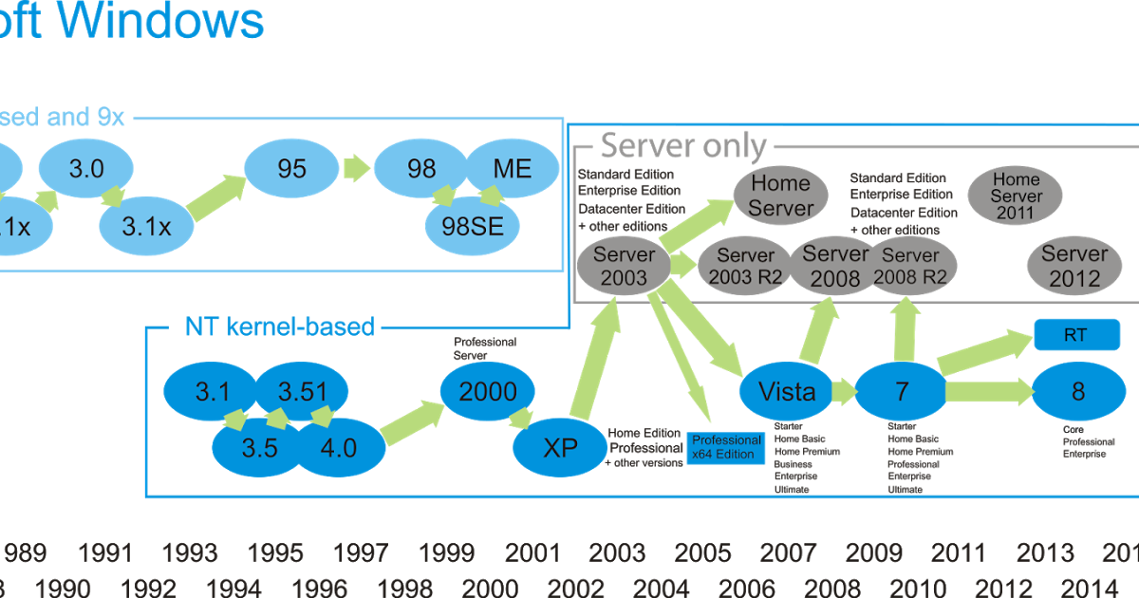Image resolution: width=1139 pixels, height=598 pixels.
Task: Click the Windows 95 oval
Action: click(291, 169)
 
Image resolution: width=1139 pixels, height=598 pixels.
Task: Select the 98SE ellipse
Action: click(472, 226)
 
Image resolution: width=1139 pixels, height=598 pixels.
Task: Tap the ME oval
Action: click(513, 169)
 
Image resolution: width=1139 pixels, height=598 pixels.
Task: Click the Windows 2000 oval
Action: click(487, 391)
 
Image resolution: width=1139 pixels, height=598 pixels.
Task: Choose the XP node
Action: click(560, 447)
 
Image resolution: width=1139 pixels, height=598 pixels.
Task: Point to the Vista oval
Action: click(787, 391)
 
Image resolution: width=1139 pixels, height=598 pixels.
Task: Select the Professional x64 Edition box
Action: click(726, 447)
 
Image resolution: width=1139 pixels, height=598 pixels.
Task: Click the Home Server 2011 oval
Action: click(1015, 196)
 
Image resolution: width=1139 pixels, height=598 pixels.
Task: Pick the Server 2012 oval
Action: click(1074, 267)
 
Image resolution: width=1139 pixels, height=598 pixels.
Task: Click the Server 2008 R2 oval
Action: click(909, 267)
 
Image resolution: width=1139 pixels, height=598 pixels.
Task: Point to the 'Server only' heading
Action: click(683, 146)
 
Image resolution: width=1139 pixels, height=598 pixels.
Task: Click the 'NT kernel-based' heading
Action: click(280, 327)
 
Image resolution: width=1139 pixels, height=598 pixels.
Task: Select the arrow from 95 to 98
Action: click(356, 169)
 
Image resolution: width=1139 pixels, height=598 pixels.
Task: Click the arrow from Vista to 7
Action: click(842, 390)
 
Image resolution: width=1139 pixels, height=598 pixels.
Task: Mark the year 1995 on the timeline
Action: click(275, 552)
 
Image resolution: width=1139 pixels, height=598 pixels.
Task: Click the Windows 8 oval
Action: click(1078, 391)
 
